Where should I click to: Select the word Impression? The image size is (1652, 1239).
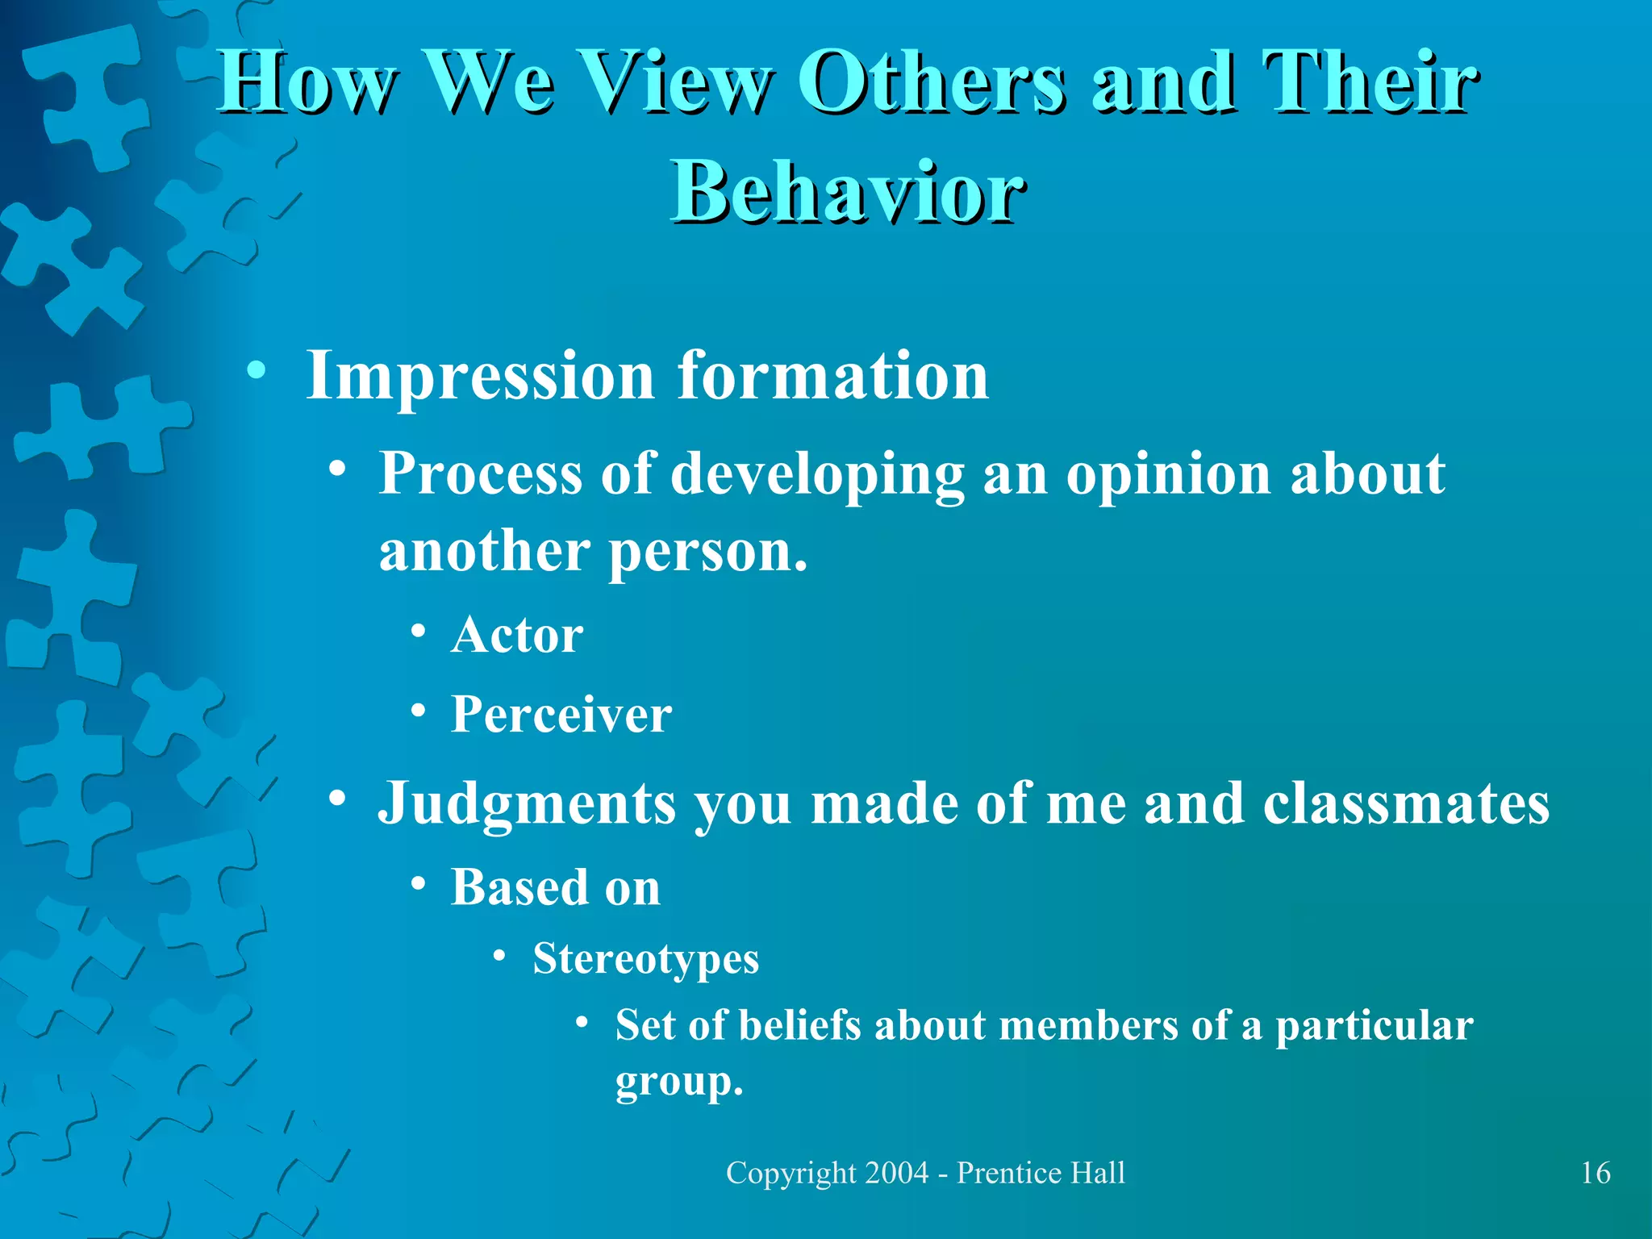(480, 376)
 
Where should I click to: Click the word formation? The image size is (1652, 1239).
(832, 376)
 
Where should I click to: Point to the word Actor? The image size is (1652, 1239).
(517, 636)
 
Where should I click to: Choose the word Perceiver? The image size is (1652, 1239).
(561, 715)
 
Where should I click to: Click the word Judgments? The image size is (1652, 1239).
(528, 805)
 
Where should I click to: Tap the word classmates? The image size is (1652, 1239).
(1406, 803)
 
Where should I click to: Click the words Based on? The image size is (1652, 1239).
(556, 888)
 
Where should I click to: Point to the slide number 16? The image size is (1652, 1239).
(1596, 1173)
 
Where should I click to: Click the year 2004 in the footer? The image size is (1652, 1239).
(896, 1173)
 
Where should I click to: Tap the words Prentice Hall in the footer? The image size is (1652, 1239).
(1041, 1173)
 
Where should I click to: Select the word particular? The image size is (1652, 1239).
(1375, 1026)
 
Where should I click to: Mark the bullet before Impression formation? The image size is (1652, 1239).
(257, 371)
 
